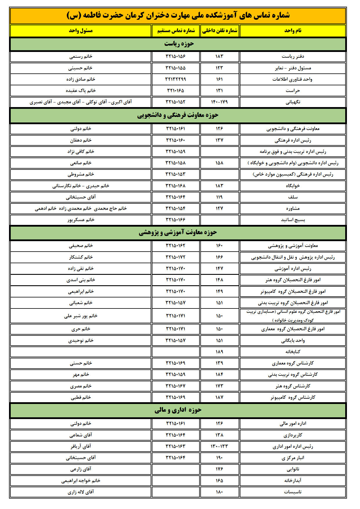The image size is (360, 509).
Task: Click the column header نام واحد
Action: coord(293,31)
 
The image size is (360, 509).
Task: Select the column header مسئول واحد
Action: coord(81,31)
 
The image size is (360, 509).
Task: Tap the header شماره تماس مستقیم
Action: coord(176,31)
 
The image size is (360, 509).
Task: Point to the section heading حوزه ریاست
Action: coord(179,44)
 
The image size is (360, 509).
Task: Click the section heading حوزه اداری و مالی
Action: coord(178,410)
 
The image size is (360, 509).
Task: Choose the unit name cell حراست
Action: coord(293,91)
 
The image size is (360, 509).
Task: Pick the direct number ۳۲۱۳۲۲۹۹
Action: coord(175,79)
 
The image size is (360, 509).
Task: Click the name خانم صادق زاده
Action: coord(81,79)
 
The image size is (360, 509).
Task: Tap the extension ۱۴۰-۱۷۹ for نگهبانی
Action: coord(219,102)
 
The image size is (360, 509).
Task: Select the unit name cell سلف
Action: coord(293,197)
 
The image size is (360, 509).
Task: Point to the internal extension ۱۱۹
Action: coord(219,197)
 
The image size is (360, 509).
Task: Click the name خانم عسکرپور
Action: coord(81,220)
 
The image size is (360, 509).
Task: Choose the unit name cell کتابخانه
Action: coord(293,352)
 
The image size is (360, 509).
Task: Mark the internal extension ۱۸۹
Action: coord(219,352)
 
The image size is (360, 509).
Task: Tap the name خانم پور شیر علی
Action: coord(81,316)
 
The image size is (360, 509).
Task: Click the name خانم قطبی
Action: coord(81,397)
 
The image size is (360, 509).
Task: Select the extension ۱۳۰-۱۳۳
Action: coord(219,446)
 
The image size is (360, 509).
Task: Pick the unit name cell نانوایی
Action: coord(293,469)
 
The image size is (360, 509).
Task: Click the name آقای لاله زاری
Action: coord(81,492)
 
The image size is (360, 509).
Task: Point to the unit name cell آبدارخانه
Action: coord(293,481)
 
